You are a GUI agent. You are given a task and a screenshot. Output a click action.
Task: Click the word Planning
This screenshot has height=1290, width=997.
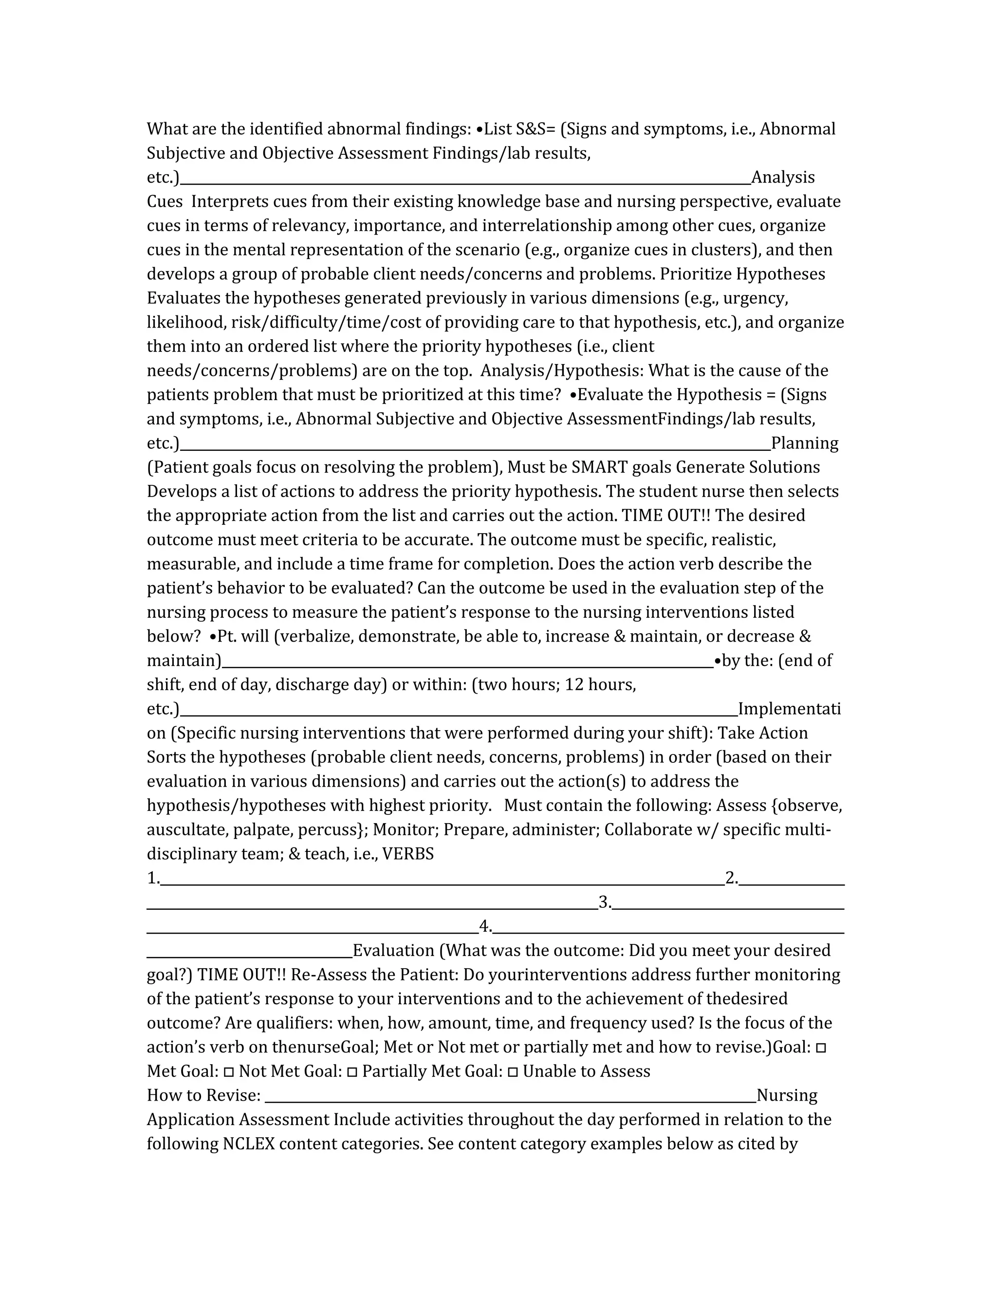(804, 443)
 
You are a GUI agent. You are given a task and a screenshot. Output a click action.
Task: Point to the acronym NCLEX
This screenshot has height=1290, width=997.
(249, 1144)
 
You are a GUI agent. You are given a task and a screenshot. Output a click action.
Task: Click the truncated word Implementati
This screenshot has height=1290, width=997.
(789, 709)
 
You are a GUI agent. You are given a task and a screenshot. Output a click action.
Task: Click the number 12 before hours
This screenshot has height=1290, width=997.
(574, 684)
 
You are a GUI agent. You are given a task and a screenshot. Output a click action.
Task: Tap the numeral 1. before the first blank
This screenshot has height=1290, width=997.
(153, 878)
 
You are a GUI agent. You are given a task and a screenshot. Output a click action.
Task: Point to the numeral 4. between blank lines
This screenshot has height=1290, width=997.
(485, 927)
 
